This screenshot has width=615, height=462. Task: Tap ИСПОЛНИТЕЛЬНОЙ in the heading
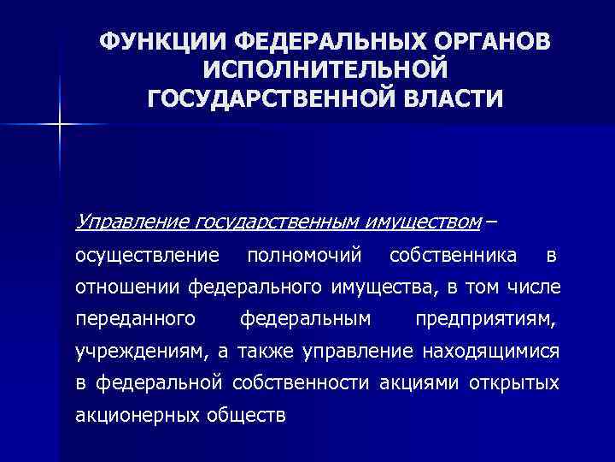click(326, 68)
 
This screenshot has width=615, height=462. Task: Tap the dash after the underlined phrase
click(492, 222)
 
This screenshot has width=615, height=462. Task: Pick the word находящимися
click(486, 351)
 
